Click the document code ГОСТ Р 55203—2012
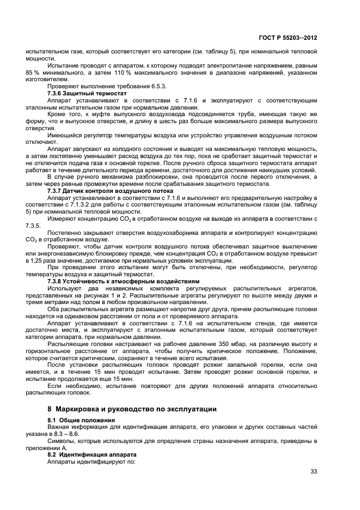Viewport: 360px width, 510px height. pos(291,39)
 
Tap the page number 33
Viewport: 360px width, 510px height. pos(313,471)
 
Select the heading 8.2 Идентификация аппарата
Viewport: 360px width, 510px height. pos(91,454)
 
